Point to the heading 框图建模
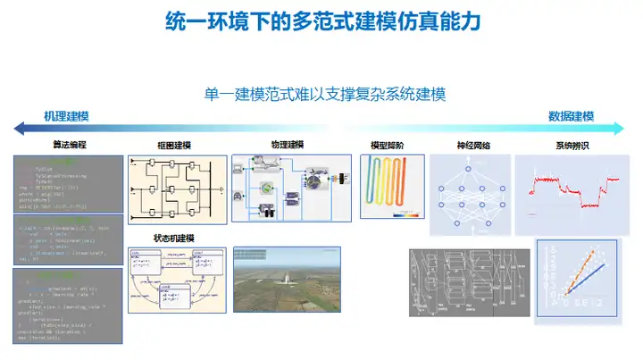coord(173,145)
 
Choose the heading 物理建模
coord(287,145)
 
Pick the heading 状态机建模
coord(174,239)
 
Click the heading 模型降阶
coord(387,145)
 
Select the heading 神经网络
coord(472,145)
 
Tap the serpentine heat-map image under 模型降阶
coord(390,188)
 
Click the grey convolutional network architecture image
coord(469,280)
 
